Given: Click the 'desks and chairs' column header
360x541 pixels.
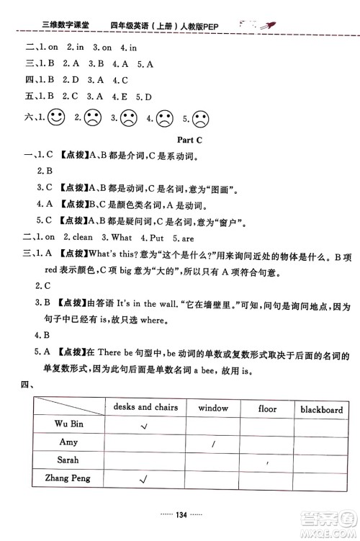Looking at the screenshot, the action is (x=144, y=407).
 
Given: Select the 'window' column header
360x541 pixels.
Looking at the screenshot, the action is (x=213, y=408).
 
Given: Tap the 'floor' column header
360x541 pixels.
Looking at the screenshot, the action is (x=267, y=408).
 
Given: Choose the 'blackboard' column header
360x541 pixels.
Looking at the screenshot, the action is (x=321, y=409).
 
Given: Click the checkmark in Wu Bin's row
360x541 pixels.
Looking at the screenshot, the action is (x=144, y=426).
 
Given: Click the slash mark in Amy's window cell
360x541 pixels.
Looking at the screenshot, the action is (x=213, y=444).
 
